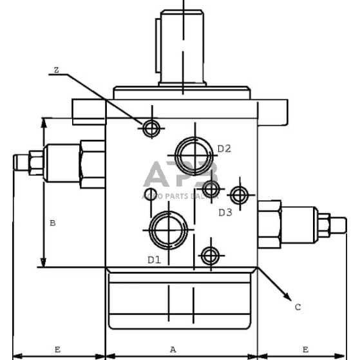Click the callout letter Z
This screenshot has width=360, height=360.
pos(56,70)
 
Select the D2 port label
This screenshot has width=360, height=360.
pos(223,149)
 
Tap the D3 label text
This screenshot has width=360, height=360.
pos(224,212)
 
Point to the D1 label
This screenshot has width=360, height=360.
pos(153,260)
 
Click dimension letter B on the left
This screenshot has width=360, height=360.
pos(53,223)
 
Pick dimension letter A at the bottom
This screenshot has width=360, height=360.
pos(173,349)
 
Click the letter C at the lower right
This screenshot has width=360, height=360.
pos(298,307)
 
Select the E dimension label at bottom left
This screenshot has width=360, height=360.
pos(57,349)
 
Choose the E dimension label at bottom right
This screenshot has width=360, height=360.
pos(305,349)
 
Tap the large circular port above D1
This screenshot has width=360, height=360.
pos(167,229)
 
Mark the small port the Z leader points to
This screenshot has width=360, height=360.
pos(151,129)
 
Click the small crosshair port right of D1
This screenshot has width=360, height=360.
pos(209,256)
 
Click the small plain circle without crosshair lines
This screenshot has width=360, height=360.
pos(150,195)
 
